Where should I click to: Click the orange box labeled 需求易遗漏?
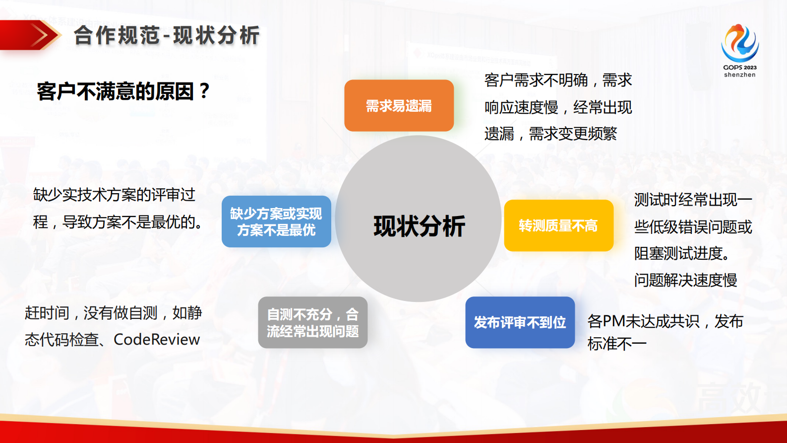(399, 106)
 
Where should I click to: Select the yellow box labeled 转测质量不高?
(558, 225)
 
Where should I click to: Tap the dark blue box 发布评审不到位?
(520, 322)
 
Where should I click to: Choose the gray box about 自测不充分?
(313, 322)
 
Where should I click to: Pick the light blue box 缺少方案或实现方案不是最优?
(276, 221)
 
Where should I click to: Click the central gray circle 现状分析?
(418, 219)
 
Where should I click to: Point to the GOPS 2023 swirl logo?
(740, 43)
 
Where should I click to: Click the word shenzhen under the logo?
(739, 75)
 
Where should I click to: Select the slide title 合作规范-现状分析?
(167, 35)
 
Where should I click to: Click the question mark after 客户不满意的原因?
(204, 91)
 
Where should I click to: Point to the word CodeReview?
(157, 340)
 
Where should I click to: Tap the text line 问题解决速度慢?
(685, 280)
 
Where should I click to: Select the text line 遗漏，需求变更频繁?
(550, 134)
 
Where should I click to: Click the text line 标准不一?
(617, 344)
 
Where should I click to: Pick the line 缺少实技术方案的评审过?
(114, 195)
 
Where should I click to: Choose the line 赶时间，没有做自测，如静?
(113, 313)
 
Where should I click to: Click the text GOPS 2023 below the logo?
(739, 67)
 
